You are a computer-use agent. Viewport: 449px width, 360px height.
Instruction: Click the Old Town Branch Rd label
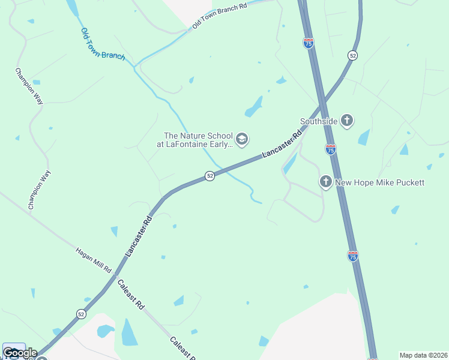click(x=220, y=16)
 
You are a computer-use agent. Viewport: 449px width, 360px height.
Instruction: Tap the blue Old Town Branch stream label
click(x=103, y=44)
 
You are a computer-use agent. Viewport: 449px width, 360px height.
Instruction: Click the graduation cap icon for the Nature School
click(x=241, y=140)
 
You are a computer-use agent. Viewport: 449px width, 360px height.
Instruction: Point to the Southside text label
click(x=318, y=121)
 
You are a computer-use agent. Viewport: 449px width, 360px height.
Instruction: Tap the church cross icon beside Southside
click(x=346, y=121)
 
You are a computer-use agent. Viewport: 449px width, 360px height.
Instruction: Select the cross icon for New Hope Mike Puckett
click(x=325, y=181)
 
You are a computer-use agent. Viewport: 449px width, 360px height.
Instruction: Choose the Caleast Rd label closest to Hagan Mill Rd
click(x=131, y=294)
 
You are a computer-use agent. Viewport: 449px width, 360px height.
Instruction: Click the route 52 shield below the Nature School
click(x=209, y=176)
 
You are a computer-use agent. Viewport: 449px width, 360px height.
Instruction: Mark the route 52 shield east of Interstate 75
click(x=352, y=55)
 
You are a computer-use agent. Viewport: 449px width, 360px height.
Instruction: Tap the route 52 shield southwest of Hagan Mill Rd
click(x=81, y=314)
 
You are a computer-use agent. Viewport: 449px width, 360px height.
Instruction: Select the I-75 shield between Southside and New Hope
click(x=330, y=149)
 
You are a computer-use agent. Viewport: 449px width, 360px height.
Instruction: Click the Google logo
click(x=19, y=352)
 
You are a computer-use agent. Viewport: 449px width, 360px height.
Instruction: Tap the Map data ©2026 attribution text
click(x=424, y=355)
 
